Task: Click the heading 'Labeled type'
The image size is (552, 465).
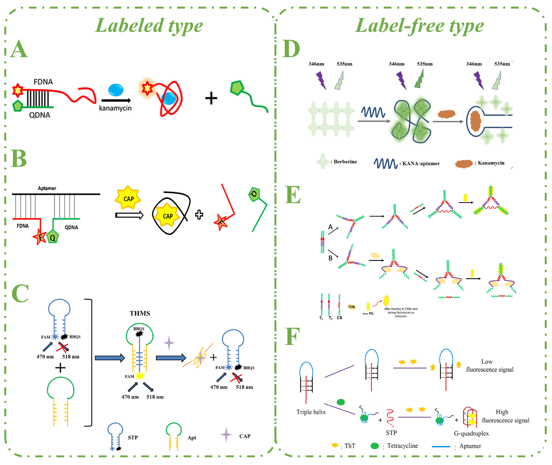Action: [x=149, y=26]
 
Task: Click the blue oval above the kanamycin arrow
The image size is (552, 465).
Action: [x=116, y=90]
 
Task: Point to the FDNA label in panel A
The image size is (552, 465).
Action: [x=43, y=82]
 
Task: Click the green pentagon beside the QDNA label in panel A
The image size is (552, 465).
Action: [x=18, y=106]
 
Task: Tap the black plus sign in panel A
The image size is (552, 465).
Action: [x=211, y=98]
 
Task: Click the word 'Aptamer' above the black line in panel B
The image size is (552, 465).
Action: [x=47, y=188]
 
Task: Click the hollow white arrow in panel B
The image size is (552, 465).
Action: [x=129, y=215]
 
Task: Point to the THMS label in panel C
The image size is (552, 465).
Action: [x=140, y=313]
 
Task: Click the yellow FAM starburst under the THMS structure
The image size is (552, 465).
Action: [x=140, y=376]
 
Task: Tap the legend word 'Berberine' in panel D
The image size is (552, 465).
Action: [x=345, y=162]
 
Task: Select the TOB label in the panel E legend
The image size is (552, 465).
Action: [x=351, y=307]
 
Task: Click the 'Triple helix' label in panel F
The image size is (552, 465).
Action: [x=311, y=412]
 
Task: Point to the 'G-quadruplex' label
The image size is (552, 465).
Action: [x=471, y=433]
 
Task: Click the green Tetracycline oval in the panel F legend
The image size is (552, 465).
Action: [x=375, y=446]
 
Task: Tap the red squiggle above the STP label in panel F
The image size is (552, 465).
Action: [x=390, y=418]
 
